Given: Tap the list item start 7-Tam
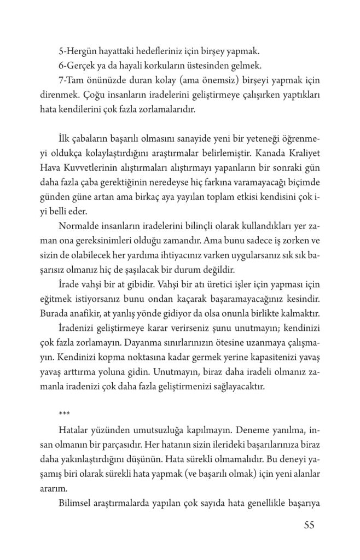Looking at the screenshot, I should tap(71, 80).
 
